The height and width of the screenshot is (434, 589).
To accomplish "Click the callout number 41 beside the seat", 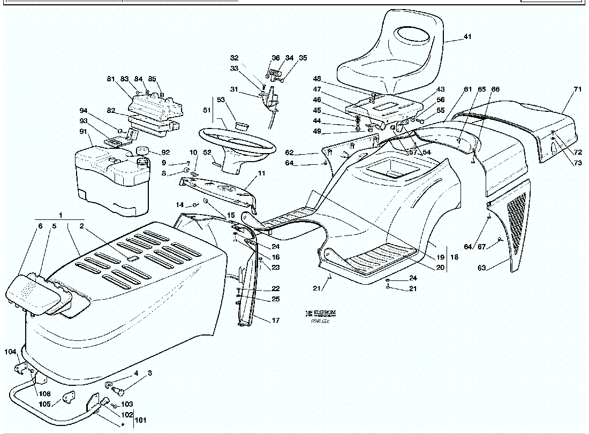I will point(467,37).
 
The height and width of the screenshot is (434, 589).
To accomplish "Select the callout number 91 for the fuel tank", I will point(83,132).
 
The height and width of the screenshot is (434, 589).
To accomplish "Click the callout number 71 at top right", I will point(577,89).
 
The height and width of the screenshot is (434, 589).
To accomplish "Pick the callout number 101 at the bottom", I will point(140,420).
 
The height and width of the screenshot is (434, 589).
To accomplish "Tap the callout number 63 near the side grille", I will point(482,268).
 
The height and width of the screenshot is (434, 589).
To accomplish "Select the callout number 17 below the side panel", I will point(276,321).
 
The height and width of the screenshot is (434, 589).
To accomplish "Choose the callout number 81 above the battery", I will point(111,79).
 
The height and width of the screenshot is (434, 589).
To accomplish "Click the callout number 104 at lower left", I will point(10,352).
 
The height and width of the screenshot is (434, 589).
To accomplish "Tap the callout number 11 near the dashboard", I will point(261,173).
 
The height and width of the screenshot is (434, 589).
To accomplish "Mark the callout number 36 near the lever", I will point(276,58).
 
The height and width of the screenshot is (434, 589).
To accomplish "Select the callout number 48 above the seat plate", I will point(317,79).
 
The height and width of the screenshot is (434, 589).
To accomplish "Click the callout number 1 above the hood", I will point(61,215).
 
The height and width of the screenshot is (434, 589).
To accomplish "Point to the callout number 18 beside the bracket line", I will point(454,257).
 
